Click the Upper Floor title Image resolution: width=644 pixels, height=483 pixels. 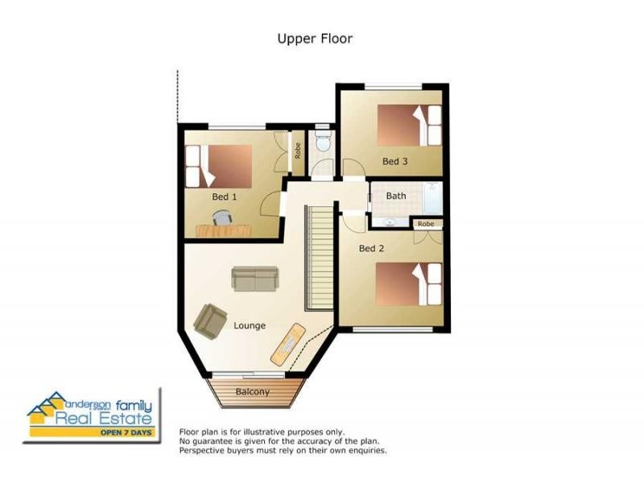(x=315, y=39)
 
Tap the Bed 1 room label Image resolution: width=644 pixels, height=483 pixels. (x=225, y=196)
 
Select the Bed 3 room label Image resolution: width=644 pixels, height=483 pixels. (x=395, y=162)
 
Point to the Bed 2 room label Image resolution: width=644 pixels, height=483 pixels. (x=371, y=248)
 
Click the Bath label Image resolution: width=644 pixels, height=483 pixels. (x=396, y=196)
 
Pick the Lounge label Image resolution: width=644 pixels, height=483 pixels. (x=250, y=326)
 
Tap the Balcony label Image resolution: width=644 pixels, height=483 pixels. (x=253, y=392)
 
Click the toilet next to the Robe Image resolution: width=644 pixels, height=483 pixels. (x=323, y=141)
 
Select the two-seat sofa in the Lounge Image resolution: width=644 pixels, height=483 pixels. (x=255, y=279)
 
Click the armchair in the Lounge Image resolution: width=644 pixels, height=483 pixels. (x=210, y=321)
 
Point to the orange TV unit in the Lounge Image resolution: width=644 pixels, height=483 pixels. (x=288, y=345)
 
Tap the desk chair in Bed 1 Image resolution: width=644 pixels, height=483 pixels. (x=222, y=217)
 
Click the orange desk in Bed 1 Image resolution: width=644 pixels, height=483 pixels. (x=224, y=231)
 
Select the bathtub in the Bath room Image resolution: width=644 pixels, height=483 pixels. (x=433, y=198)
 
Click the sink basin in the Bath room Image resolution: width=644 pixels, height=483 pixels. (x=388, y=223)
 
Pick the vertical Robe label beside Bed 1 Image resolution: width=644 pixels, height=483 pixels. (x=298, y=151)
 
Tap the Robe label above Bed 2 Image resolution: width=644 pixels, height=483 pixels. (x=426, y=224)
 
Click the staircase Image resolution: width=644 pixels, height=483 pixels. (x=319, y=258)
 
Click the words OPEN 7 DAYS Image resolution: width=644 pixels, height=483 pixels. (x=126, y=432)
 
